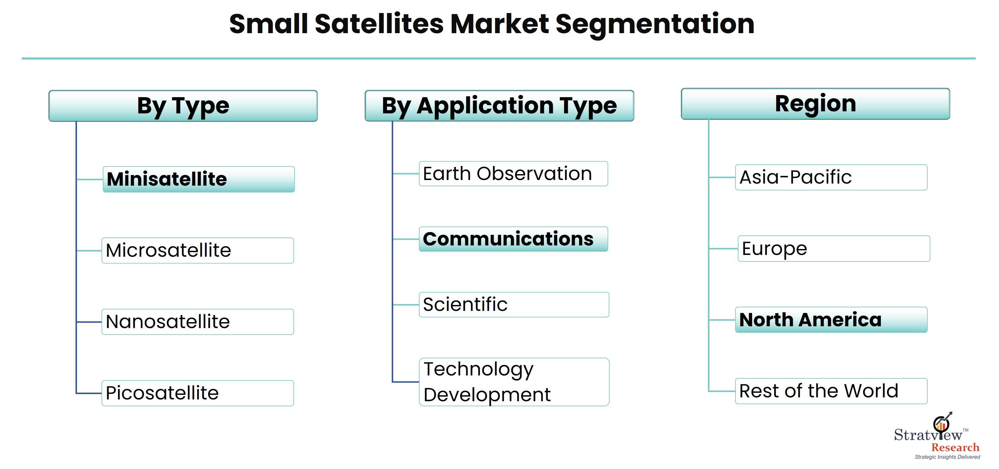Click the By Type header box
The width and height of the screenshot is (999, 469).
(183, 106)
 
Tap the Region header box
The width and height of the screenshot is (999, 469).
(815, 104)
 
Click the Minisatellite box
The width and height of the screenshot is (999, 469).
(199, 179)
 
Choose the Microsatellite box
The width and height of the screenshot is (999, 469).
(198, 250)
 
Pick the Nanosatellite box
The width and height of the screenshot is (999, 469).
(198, 322)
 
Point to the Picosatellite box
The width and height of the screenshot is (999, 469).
(198, 393)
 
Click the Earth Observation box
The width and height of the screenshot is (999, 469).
(513, 174)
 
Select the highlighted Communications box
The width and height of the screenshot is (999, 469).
(513, 239)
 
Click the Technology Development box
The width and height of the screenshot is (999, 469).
(514, 382)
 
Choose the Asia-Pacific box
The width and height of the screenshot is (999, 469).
(831, 178)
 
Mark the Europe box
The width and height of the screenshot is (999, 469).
(834, 249)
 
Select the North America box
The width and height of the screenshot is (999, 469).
(831, 320)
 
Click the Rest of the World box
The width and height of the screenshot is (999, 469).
(831, 391)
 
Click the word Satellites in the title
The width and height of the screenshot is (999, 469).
(379, 24)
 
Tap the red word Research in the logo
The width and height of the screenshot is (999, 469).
(955, 448)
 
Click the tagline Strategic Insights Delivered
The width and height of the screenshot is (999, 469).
(947, 457)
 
